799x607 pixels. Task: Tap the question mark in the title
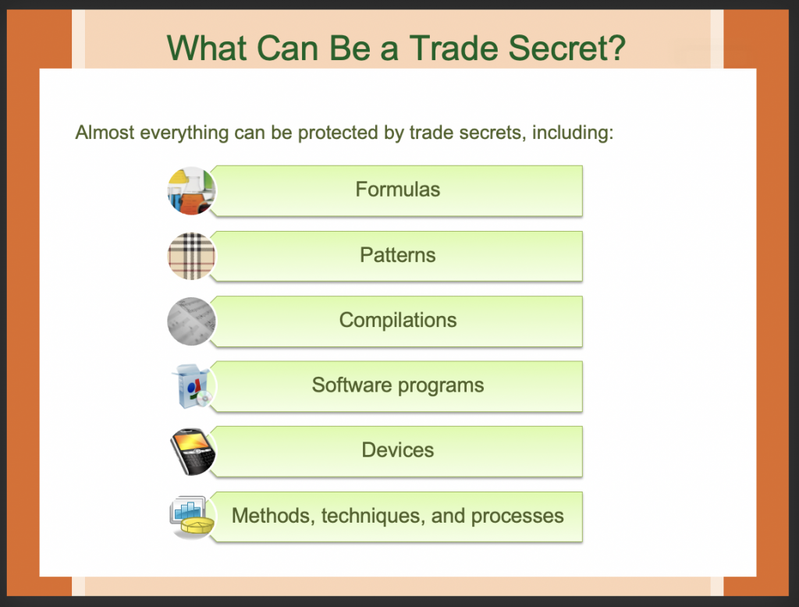coord(616,48)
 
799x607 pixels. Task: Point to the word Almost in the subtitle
coord(105,133)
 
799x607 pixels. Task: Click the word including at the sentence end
coord(573,133)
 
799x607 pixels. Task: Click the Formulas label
coord(397,190)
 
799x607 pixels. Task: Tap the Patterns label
coord(397,255)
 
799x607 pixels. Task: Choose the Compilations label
coord(397,321)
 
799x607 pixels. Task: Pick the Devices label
coord(397,450)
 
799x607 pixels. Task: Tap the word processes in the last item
coord(517,516)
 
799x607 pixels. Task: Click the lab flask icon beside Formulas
coord(192,190)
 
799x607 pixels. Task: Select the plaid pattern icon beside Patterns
coord(192,256)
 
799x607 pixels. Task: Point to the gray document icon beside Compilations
coord(192,321)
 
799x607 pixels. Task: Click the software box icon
coord(193,385)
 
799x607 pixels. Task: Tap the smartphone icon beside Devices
coord(192,452)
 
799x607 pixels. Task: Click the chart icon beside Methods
coord(192,516)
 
